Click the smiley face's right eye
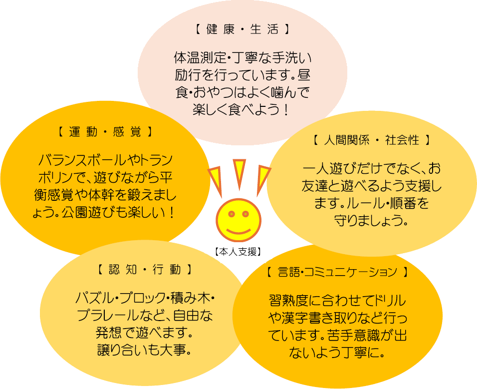click(245, 214)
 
